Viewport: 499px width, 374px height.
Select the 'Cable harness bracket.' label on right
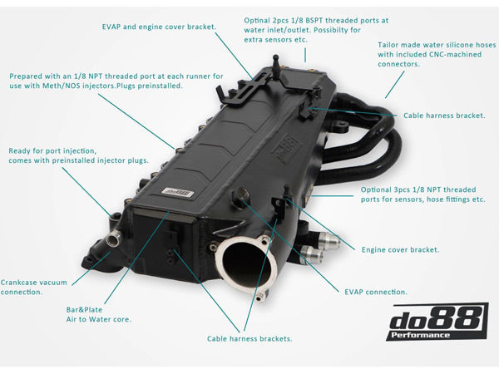click(444, 116)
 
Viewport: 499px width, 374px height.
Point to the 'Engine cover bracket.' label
click(400, 249)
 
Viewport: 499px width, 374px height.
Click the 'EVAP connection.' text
click(375, 292)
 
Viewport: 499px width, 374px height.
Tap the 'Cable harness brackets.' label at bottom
click(249, 338)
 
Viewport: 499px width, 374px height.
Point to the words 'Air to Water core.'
click(97, 319)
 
